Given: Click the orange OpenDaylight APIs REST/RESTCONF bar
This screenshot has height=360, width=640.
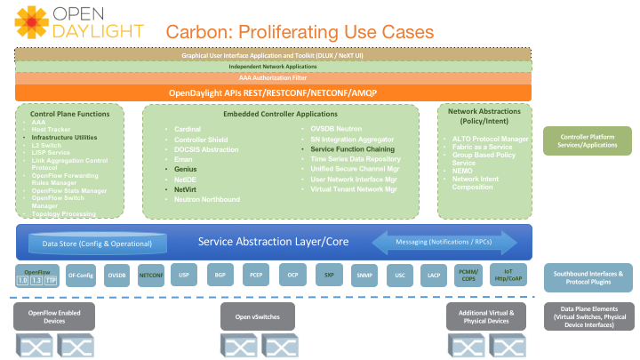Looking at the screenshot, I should [273, 92].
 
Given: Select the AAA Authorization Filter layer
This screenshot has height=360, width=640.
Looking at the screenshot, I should [273, 78].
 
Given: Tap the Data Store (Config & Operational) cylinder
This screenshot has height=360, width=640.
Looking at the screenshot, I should [98, 243].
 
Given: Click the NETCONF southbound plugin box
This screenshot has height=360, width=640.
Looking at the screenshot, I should [151, 276].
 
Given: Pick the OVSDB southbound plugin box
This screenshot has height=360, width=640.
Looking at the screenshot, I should [116, 276].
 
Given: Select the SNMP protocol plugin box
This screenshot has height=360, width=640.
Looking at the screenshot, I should [364, 276].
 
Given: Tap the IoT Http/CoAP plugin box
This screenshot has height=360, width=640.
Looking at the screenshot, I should [508, 275].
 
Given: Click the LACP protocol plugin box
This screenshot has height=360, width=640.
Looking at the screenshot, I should [434, 276].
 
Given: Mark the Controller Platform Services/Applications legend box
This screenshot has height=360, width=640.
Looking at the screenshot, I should [588, 140].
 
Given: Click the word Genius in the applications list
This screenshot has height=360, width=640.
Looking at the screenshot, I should [186, 168].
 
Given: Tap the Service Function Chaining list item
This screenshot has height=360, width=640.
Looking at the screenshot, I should [352, 149].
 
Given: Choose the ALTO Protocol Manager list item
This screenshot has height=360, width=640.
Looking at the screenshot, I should [491, 140].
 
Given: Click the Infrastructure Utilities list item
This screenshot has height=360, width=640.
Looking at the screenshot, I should [64, 139].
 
